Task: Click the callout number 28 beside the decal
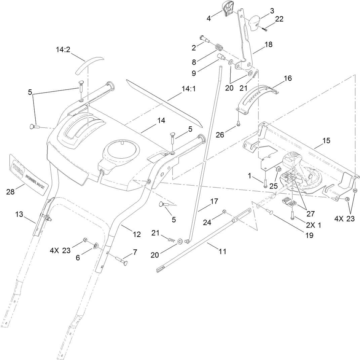tap(11, 192)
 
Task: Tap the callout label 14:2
tap(63, 50)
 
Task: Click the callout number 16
tap(287, 78)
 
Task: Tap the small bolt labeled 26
tap(238, 123)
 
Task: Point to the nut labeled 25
tap(278, 169)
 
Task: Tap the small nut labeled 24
tap(224, 211)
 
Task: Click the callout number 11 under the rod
tap(222, 251)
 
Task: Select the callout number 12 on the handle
tap(137, 235)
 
